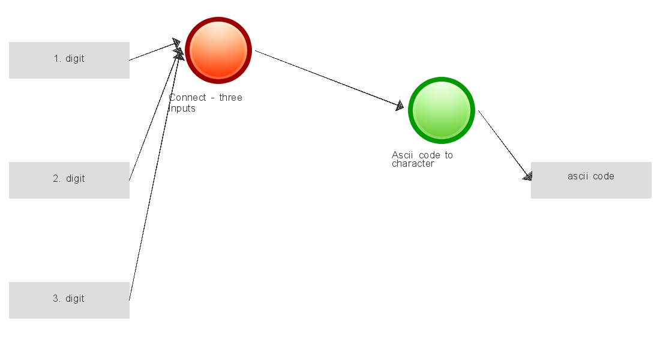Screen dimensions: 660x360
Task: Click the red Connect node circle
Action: (x=218, y=50)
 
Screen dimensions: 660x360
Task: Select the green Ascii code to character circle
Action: (x=442, y=110)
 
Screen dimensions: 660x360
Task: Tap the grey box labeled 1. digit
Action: (x=69, y=60)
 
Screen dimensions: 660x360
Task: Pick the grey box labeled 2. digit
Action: (x=69, y=180)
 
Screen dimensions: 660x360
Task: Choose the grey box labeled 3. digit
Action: (x=69, y=300)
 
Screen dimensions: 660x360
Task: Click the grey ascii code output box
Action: (x=591, y=180)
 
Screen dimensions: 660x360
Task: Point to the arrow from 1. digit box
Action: (x=155, y=51)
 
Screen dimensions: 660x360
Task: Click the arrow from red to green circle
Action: (x=329, y=79)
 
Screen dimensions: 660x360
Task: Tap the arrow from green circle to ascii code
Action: (x=505, y=145)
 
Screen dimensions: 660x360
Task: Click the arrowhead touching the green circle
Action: (x=400, y=106)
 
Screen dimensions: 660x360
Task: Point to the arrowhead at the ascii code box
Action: (x=528, y=176)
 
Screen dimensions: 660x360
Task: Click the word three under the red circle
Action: (x=230, y=97)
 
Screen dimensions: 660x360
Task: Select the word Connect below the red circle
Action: (x=187, y=97)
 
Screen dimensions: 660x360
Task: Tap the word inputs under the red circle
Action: (x=182, y=109)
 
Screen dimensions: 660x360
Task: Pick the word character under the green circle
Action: (x=413, y=164)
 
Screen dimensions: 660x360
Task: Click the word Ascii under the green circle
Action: (x=403, y=155)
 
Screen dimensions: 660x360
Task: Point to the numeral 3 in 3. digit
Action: (x=56, y=299)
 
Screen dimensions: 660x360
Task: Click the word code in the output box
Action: (x=604, y=176)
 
